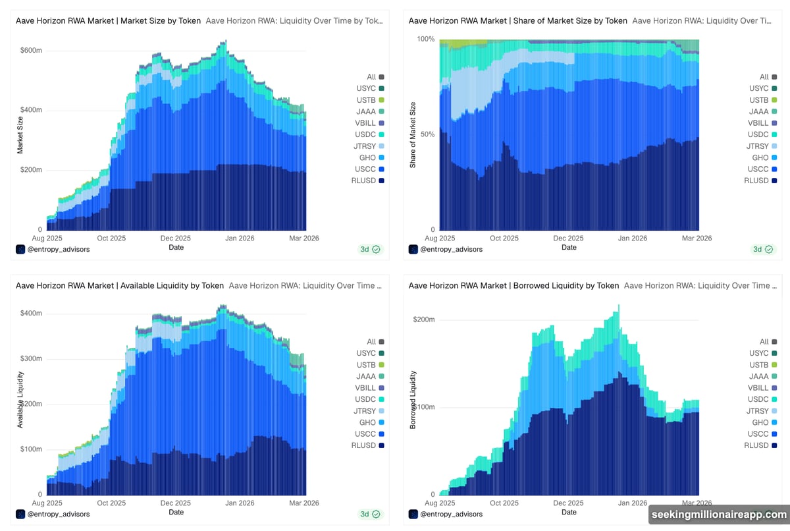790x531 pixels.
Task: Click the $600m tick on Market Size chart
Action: pyautogui.click(x=30, y=50)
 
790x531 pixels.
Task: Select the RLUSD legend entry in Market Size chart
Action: pyautogui.click(x=368, y=181)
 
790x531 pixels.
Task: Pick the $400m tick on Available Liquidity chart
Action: pyautogui.click(x=30, y=313)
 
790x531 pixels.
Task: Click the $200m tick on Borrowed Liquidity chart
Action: pyautogui.click(x=423, y=320)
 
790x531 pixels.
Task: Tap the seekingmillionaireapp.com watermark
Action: pyautogui.click(x=718, y=515)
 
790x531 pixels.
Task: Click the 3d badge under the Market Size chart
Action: pyautogui.click(x=370, y=249)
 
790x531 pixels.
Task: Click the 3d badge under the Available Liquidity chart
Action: pyautogui.click(x=370, y=514)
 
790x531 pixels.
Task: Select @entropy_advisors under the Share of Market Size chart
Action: pyautogui.click(x=451, y=250)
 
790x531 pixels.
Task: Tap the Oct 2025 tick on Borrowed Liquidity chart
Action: pyautogui.click(x=505, y=503)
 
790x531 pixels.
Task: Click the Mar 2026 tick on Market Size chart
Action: pyautogui.click(x=303, y=238)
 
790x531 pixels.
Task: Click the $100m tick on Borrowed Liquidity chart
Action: pyautogui.click(x=423, y=407)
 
